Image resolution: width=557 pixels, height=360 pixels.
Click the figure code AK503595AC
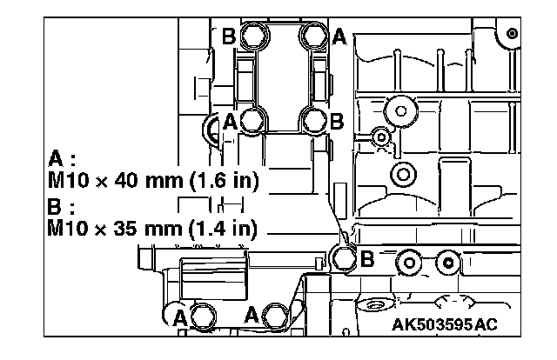point(445,324)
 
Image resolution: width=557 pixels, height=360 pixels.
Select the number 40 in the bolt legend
point(126,180)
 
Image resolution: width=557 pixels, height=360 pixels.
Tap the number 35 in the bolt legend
point(125,227)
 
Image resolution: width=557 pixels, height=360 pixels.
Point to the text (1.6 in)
point(224,181)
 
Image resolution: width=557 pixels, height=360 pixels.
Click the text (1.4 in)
point(223,228)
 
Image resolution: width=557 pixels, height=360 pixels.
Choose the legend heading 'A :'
point(62,159)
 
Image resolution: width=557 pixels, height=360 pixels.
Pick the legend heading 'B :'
point(61,206)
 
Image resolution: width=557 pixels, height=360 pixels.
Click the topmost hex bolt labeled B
point(254,36)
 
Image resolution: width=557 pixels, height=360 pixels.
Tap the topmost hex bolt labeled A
point(314,35)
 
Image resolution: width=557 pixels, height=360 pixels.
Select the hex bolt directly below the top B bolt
point(253,121)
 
